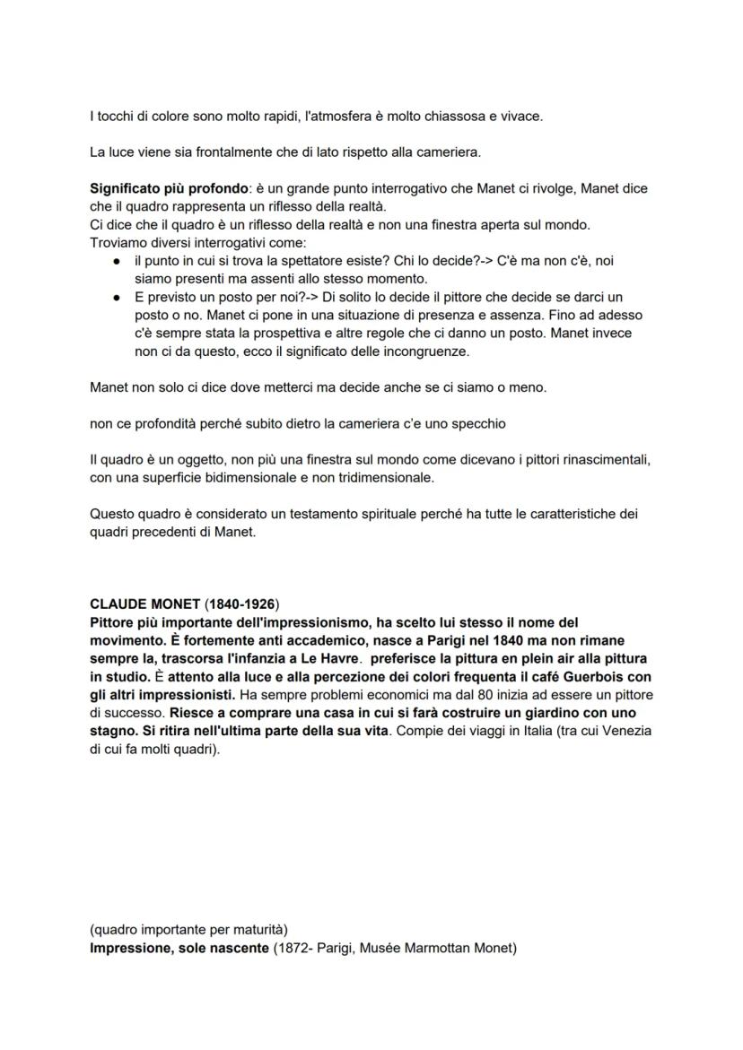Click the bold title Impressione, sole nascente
(179, 948)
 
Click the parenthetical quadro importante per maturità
(189, 929)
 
